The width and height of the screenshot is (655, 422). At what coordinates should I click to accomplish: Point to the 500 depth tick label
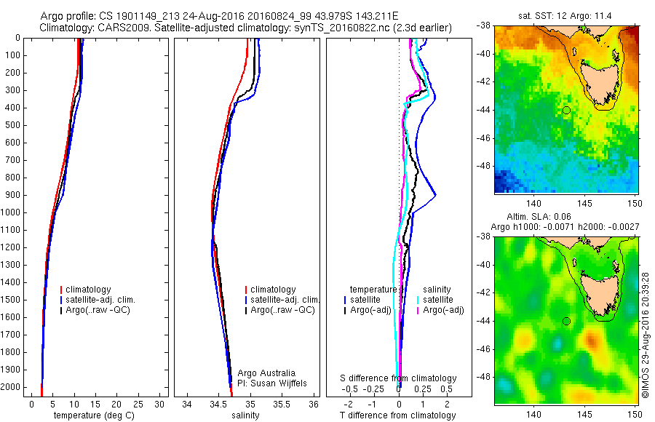(12, 125)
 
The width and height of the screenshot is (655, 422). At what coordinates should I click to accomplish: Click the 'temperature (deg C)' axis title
(95, 415)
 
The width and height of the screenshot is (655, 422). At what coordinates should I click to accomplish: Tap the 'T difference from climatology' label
(397, 415)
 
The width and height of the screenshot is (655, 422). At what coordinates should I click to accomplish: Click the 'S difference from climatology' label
(399, 379)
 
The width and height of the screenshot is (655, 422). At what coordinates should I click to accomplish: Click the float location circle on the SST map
(566, 110)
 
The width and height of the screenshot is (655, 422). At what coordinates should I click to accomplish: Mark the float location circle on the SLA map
(566, 321)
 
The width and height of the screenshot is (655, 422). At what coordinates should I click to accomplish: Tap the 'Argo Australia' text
(266, 373)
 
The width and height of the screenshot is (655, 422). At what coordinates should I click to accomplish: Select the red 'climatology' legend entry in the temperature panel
(87, 290)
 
